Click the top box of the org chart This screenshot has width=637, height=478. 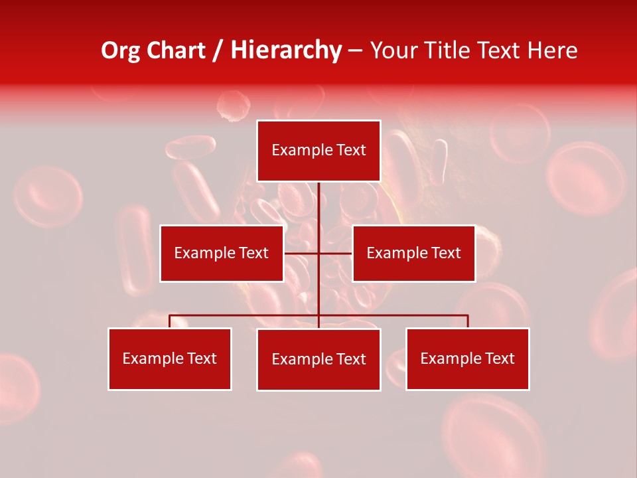coord(318,151)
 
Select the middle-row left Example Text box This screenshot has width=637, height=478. coord(222,253)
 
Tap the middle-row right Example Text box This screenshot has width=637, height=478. coord(413,253)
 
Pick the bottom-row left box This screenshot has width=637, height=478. coord(170,358)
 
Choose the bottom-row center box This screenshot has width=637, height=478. coord(318,359)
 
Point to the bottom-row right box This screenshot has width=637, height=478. coord(468,358)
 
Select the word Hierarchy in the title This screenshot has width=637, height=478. coord(286,50)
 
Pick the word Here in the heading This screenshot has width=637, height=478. coord(552,50)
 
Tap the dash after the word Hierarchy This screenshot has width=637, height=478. coord(355,51)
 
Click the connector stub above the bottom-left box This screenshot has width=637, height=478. coord(170,321)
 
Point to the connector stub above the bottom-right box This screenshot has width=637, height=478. coord(468,321)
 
